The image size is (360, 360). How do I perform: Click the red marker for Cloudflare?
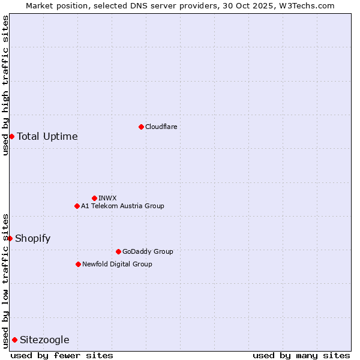141,127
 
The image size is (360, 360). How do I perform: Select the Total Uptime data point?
11,136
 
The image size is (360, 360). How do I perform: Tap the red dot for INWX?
94,198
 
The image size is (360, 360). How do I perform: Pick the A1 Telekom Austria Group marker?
77,206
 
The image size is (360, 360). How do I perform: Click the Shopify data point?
10,238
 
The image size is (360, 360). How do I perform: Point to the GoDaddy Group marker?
118,251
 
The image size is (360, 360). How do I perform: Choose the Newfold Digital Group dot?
78,264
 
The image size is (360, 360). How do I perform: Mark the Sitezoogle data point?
14,340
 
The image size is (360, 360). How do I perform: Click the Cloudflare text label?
161,127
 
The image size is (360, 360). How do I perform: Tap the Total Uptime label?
47,136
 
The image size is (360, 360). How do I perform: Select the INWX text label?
107,198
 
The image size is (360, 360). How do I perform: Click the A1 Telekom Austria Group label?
122,206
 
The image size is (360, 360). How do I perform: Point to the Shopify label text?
32,238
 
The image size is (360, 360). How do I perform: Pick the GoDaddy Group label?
148,251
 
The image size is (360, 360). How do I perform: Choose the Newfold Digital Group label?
117,264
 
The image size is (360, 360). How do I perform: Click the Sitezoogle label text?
44,340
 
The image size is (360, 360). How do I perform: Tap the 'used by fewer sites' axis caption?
62,355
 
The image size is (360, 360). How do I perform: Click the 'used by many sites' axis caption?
301,355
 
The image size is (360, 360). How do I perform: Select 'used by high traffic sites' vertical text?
5,85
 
